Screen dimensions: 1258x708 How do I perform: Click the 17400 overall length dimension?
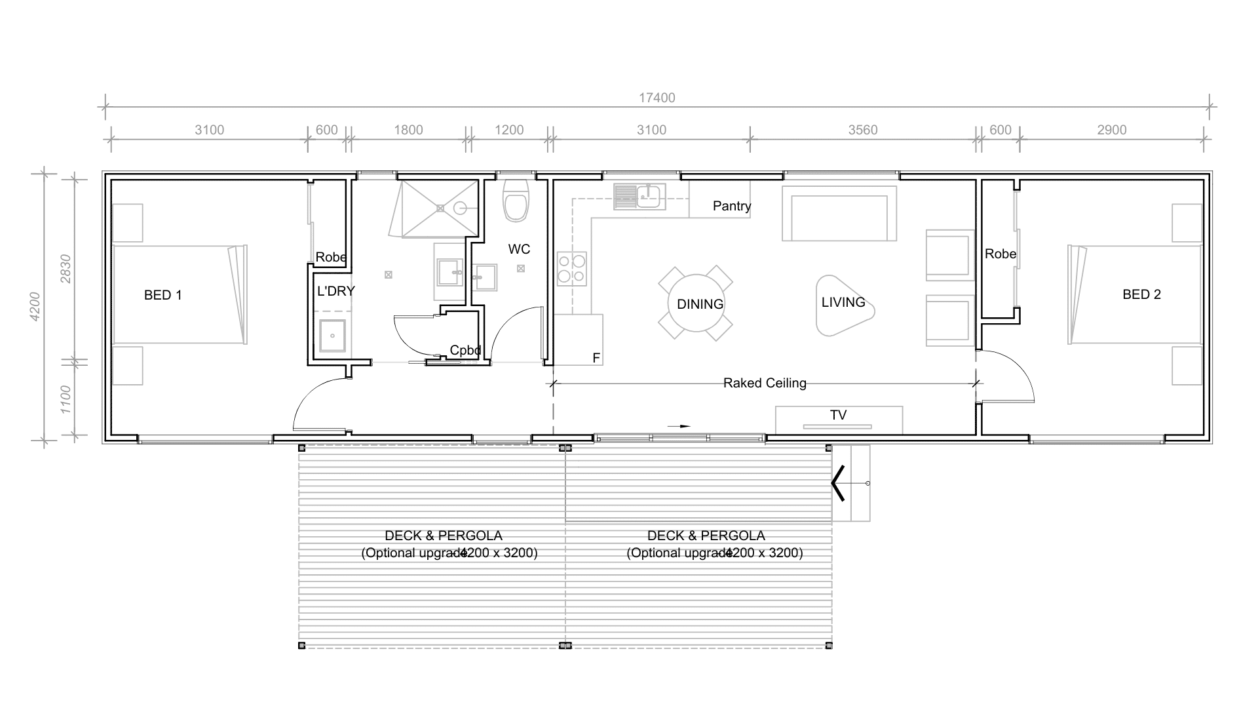(x=657, y=98)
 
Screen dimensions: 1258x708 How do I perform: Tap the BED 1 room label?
(x=163, y=295)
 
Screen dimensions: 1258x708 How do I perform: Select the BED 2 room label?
(x=1141, y=294)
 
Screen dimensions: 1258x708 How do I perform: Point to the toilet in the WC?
(x=516, y=200)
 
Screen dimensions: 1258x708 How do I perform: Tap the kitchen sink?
(x=639, y=196)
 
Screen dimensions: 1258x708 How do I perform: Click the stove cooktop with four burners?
(x=571, y=269)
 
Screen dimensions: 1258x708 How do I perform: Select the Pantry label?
(x=732, y=206)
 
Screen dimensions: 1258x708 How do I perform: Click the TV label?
(x=838, y=415)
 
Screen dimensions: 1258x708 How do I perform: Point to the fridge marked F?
(x=578, y=340)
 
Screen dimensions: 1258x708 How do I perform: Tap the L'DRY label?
(x=336, y=291)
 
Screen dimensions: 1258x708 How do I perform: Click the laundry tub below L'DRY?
(x=332, y=336)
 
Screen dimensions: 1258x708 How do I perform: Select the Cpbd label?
(x=466, y=350)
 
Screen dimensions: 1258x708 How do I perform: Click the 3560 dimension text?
(x=863, y=130)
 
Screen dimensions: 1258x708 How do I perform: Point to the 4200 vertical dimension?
(x=35, y=306)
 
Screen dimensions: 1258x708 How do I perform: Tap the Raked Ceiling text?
(x=765, y=383)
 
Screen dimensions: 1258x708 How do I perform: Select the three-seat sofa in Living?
(x=839, y=214)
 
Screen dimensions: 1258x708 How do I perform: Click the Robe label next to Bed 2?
(x=1001, y=254)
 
